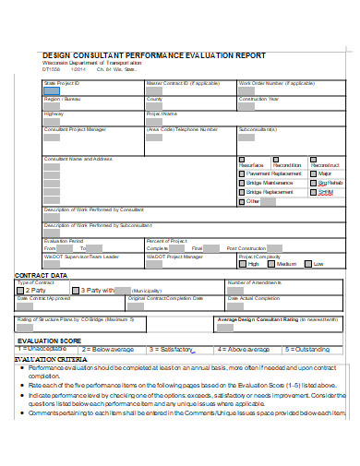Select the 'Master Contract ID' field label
pos(184,83)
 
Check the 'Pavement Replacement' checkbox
pos(243,173)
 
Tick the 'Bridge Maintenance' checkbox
pos(243,184)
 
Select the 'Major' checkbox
pos(314,173)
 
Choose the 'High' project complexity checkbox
pos(243,264)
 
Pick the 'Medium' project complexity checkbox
pos(270,264)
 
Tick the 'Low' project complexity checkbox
pos(307,264)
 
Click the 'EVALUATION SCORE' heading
pos(49,341)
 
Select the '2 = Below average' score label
pos(108,350)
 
